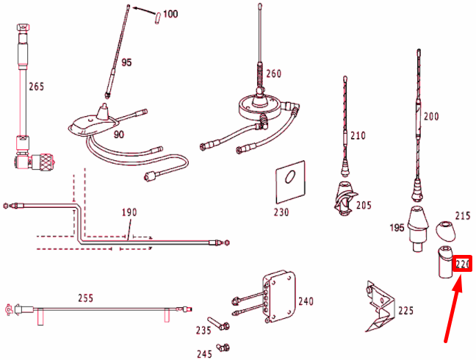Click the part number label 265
[x=37, y=87]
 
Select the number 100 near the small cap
[x=170, y=14]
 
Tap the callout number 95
[x=126, y=62]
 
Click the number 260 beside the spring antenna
[x=273, y=73]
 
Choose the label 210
[x=358, y=135]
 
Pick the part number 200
[x=431, y=116]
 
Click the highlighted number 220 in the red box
[x=463, y=264]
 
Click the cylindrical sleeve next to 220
[x=444, y=263]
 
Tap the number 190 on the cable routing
[x=129, y=213]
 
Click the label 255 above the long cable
[x=87, y=298]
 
